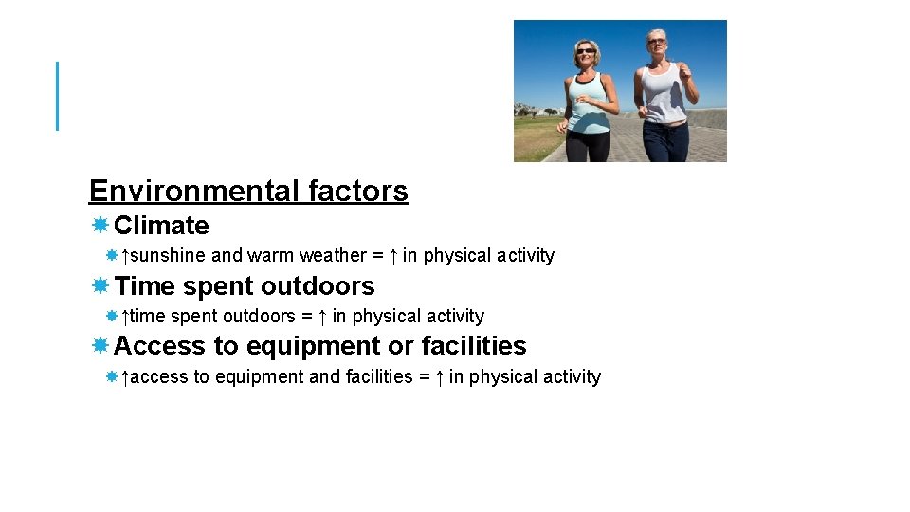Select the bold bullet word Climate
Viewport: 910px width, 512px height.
(161, 226)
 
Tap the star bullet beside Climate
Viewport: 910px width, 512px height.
(100, 226)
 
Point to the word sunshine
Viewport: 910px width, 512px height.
(168, 256)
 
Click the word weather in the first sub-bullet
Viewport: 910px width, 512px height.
(332, 256)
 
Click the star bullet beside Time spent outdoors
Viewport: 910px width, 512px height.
(100, 286)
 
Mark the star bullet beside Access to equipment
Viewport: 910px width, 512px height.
(100, 346)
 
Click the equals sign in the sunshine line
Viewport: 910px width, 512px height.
(378, 256)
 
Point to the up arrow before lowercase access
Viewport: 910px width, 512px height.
(126, 377)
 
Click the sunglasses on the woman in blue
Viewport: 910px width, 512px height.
(587, 50)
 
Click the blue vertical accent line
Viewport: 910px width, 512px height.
(57, 96)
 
